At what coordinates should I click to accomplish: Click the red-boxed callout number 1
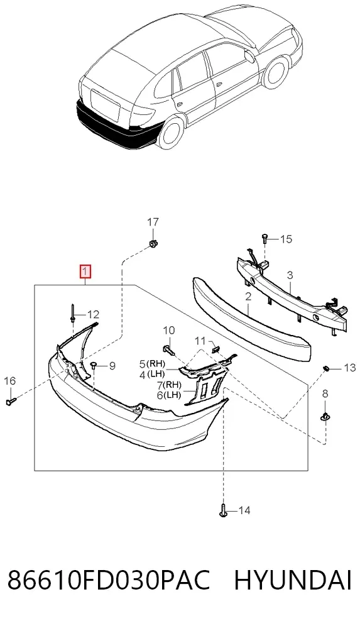pos(85,272)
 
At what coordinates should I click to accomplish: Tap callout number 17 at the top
pos(153,222)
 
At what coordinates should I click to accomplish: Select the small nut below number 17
pos(152,243)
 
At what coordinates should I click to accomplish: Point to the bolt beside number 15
pos(265,238)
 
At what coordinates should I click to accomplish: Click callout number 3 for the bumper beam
pos(290,275)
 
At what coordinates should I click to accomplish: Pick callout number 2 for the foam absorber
pos(248,297)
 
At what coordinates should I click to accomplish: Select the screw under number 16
pos(11,401)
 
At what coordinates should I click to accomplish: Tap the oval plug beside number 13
pos(325,367)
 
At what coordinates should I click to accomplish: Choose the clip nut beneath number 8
pos(325,416)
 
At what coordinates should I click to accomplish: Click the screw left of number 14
pos(224,510)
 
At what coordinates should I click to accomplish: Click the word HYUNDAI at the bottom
pos(293,581)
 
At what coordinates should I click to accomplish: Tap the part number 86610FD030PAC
pos(109,581)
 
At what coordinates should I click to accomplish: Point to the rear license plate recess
pos(106,106)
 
